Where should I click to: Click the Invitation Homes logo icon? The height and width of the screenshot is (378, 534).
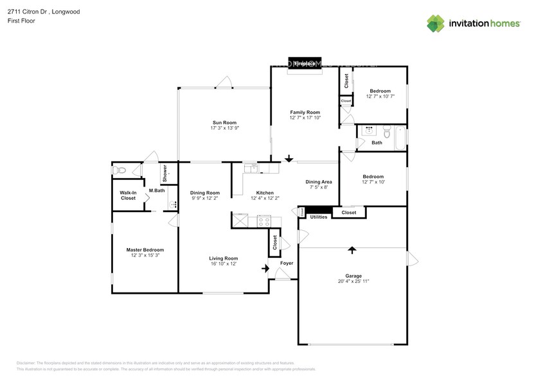pos(436,23)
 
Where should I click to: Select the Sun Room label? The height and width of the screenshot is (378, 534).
pos(224,122)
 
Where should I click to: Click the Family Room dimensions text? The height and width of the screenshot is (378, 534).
pos(305,118)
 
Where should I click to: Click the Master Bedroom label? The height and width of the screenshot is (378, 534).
pos(145,249)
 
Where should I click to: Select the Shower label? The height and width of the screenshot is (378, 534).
pos(165,172)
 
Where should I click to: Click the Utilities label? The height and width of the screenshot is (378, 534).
pos(319,217)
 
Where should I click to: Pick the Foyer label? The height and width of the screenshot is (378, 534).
pos(286,263)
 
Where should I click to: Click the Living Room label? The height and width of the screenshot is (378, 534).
pos(224,258)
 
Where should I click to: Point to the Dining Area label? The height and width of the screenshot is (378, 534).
pos(318,182)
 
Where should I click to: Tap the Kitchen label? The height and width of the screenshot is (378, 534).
pos(265,192)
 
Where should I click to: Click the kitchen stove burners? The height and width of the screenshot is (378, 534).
pos(264,221)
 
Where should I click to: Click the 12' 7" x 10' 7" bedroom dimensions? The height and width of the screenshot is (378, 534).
pos(380,96)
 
